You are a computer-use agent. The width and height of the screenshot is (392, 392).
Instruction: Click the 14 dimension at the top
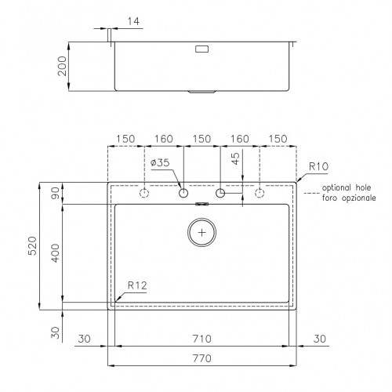[x=133, y=21]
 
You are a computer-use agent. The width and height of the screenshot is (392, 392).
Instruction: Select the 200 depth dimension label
[x=62, y=66]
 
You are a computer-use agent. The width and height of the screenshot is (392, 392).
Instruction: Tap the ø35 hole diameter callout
[x=160, y=162]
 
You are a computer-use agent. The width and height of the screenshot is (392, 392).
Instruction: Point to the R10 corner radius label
[x=318, y=166]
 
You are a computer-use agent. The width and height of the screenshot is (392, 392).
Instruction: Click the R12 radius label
[x=137, y=285]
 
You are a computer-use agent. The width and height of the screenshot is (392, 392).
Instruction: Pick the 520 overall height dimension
[x=32, y=245]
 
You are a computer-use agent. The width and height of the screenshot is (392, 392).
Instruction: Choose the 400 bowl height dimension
[x=56, y=253]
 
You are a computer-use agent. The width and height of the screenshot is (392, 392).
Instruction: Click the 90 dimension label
[x=56, y=193]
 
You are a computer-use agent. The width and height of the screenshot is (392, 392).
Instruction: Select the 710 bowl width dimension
[x=201, y=339]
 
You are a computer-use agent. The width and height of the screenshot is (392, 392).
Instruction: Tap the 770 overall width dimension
[x=201, y=358]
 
